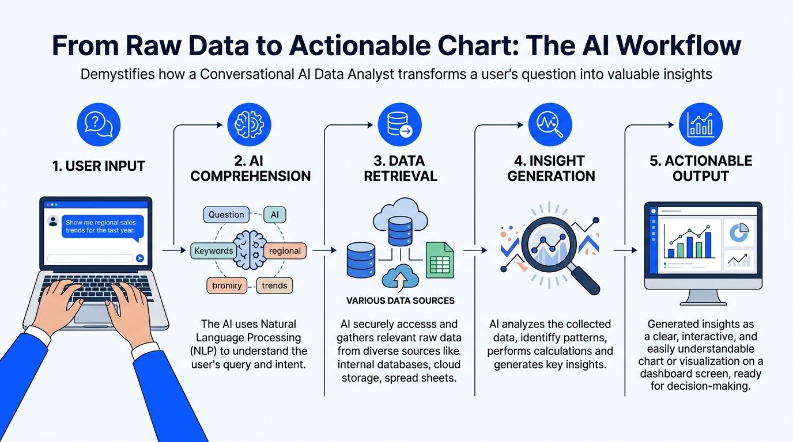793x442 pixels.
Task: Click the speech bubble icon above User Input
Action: [99, 124]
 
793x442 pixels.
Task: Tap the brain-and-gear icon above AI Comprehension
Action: [250, 124]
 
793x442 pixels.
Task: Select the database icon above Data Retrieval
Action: [400, 124]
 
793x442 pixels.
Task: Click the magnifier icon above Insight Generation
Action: [550, 124]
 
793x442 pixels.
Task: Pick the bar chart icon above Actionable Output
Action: [700, 124]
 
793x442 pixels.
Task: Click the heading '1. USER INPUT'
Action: [99, 166]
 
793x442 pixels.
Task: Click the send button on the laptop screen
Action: [139, 258]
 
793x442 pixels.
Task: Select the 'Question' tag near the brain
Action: [226, 215]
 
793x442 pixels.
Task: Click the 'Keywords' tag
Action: [213, 250]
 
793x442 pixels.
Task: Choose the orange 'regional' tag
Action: [285, 250]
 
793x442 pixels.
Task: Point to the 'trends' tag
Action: [274, 285]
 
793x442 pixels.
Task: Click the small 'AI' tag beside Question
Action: [274, 215]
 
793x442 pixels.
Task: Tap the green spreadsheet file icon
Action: [440, 260]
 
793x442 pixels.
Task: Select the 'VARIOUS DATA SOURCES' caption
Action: [400, 300]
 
